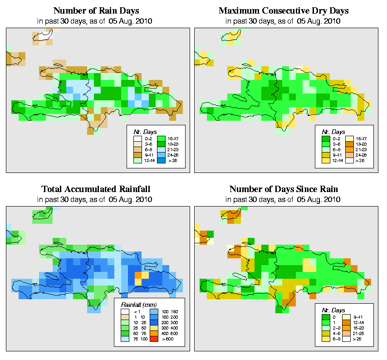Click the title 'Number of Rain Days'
coord(96,10)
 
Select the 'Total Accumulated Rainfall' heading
coord(96,189)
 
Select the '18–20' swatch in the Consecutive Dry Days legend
coord(350,143)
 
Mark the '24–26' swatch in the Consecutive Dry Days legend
coord(350,154)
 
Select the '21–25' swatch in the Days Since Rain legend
coord(350,333)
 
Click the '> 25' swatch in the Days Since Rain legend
coord(350,339)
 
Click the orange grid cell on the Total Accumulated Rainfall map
coord(138,275)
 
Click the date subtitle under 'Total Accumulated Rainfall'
coord(96,199)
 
